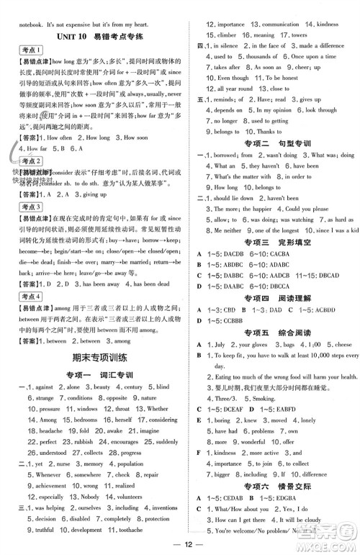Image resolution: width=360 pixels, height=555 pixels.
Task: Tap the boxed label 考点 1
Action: pyautogui.click(x=29, y=50)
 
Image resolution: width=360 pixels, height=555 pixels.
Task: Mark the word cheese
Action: pyautogui.click(x=343, y=344)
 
